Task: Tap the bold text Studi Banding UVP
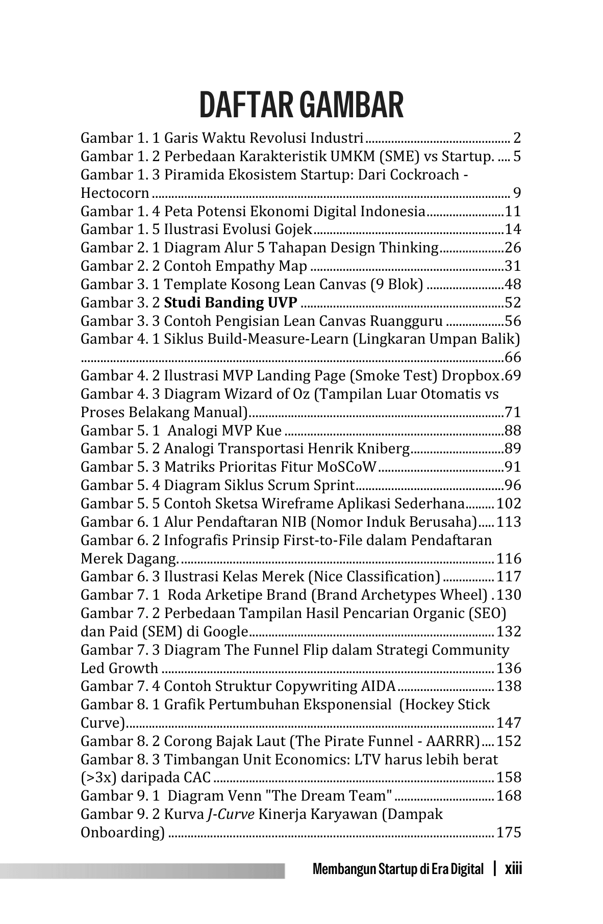[x=231, y=303]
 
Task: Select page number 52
[x=513, y=303]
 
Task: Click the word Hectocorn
[x=115, y=193]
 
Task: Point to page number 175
[x=509, y=833]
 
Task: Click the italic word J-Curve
[x=231, y=814]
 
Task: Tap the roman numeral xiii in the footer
[x=513, y=868]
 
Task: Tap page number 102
[x=509, y=504]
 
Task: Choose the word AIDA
[x=378, y=686]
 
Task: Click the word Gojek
[x=291, y=229]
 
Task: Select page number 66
[x=513, y=357]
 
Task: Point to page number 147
[x=509, y=723]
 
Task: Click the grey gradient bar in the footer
[x=143, y=870]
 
